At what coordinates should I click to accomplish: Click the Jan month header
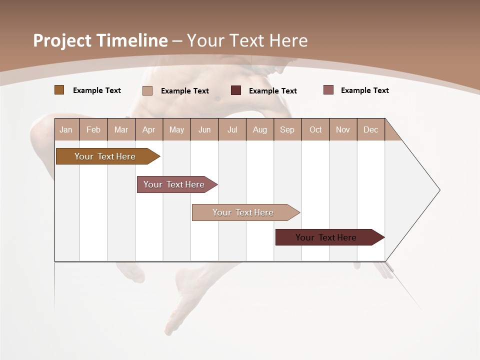click(x=66, y=129)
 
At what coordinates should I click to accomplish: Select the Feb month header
click(x=93, y=129)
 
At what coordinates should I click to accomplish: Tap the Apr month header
click(x=149, y=129)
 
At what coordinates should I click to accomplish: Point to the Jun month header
click(x=204, y=129)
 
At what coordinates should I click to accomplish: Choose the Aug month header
click(x=260, y=129)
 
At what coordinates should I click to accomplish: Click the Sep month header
click(x=287, y=129)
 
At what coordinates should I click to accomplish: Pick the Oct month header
click(x=315, y=129)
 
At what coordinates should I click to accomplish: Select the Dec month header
click(x=371, y=129)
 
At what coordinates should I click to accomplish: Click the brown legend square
click(x=59, y=90)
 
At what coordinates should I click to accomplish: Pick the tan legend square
click(x=147, y=90)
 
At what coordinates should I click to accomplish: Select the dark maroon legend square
click(x=236, y=90)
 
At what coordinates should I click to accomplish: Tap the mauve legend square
click(x=328, y=90)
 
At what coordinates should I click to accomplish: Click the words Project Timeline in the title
click(x=100, y=40)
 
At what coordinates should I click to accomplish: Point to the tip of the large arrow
click(x=439, y=190)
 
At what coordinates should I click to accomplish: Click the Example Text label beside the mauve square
click(x=365, y=90)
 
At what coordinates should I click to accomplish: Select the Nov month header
click(x=343, y=129)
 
